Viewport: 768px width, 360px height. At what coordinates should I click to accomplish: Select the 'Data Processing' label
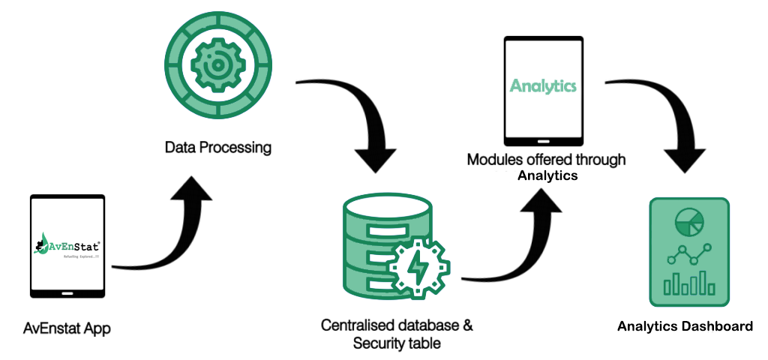[217, 147]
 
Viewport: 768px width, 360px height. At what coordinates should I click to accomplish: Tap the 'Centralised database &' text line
[397, 326]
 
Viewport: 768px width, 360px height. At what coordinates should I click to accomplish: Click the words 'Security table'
[397, 343]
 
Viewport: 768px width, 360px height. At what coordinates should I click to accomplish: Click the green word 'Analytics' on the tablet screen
[543, 85]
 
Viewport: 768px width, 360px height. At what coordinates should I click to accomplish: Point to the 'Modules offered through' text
[546, 160]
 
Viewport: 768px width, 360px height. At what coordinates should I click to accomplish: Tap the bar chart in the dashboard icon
[689, 283]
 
